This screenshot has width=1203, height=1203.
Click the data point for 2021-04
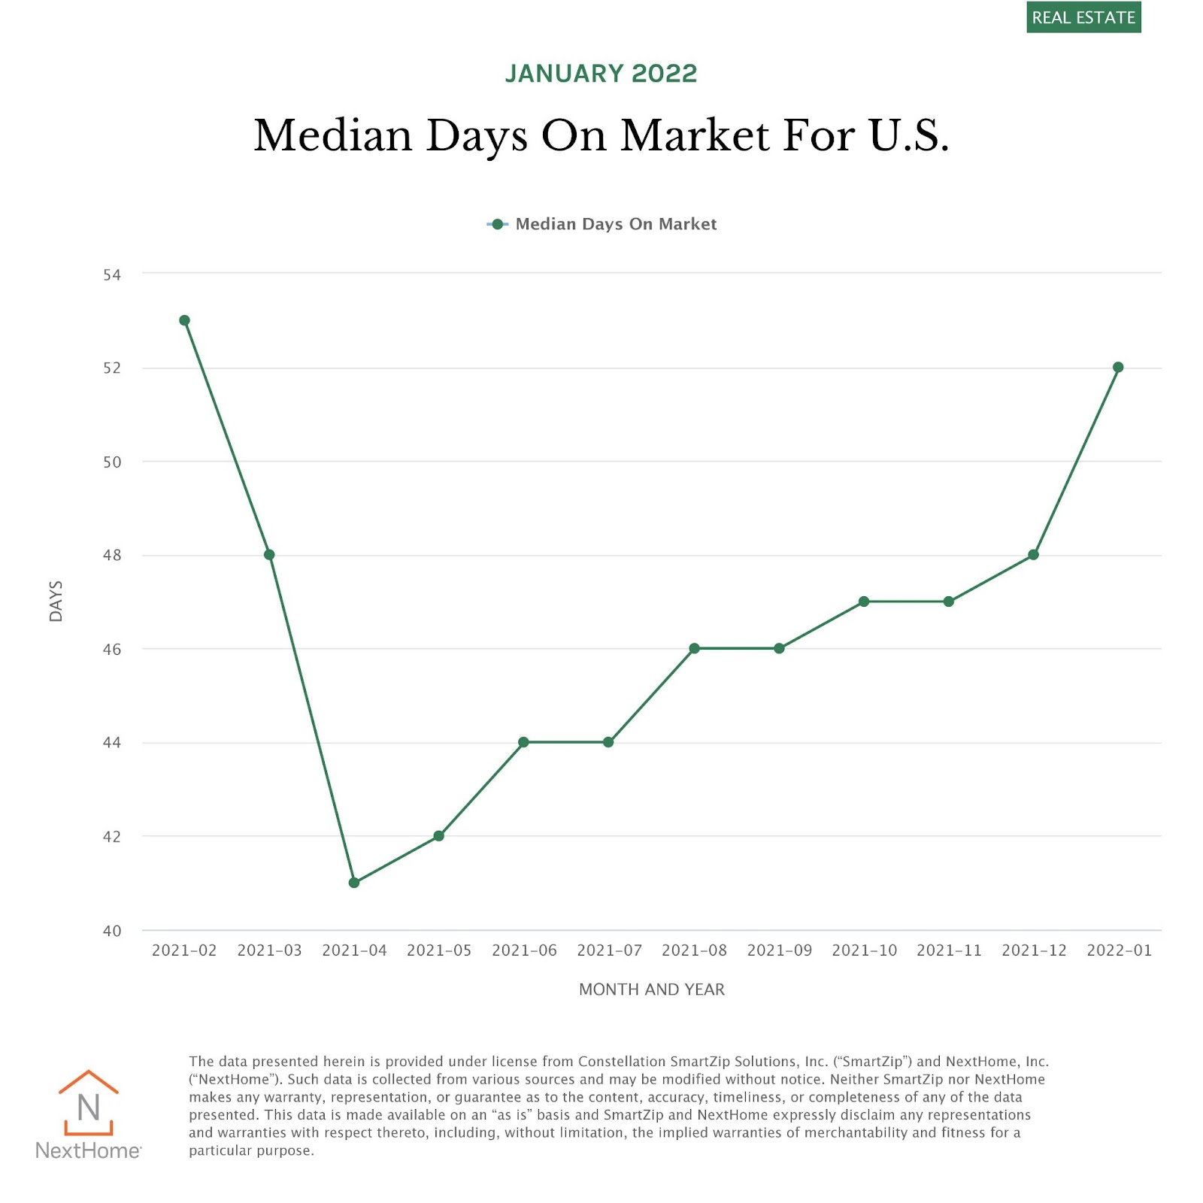click(354, 883)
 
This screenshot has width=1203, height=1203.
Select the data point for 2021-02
click(184, 320)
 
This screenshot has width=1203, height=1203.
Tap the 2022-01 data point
click(1118, 368)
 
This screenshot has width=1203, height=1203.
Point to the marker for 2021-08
click(694, 648)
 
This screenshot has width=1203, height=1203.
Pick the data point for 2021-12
click(1033, 555)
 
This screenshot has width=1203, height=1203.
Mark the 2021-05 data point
click(439, 836)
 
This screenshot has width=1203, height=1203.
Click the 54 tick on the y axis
click(112, 275)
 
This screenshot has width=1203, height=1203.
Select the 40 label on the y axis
click(112, 931)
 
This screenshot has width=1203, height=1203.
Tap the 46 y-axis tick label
click(112, 650)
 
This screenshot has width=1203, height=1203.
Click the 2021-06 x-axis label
click(524, 950)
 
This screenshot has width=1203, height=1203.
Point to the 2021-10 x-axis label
click(864, 950)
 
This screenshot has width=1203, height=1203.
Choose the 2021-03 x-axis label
click(269, 950)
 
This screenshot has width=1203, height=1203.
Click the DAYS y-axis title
click(56, 601)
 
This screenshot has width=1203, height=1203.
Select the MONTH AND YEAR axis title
click(652, 989)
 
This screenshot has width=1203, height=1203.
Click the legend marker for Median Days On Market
click(497, 224)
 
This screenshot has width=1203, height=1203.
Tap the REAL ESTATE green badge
click(1083, 17)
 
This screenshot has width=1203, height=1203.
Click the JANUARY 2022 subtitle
click(601, 74)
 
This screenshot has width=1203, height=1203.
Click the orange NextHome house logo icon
click(89, 1102)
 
